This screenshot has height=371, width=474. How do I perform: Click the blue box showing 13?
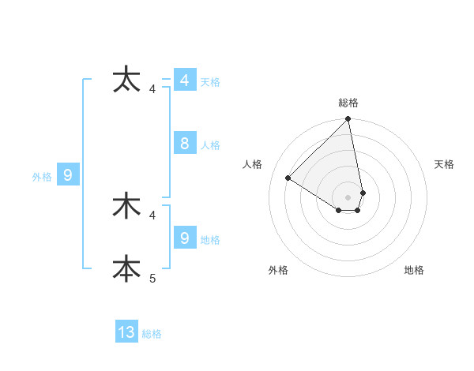[126, 332]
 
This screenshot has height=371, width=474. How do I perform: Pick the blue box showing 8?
[184, 144]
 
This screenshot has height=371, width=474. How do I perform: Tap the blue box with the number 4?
[184, 81]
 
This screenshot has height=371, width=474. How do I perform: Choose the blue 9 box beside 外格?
[68, 175]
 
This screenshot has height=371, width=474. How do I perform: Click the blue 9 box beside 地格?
[184, 238]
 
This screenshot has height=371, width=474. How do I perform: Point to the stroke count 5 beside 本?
[152, 278]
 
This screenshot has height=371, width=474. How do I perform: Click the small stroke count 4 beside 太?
[152, 88]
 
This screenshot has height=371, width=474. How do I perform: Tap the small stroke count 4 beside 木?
[152, 215]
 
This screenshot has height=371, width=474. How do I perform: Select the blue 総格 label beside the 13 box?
[152, 334]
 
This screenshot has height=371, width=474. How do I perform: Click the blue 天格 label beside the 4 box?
[210, 82]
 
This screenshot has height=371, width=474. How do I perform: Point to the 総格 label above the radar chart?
[348, 103]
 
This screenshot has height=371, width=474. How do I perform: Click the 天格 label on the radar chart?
[445, 164]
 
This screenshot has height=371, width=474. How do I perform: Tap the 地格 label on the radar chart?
[414, 270]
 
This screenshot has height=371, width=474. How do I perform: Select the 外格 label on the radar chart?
[278, 270]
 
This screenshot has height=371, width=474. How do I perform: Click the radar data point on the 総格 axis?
[348, 119]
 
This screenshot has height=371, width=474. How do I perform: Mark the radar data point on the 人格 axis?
[288, 178]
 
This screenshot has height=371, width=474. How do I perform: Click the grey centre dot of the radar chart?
[348, 197]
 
